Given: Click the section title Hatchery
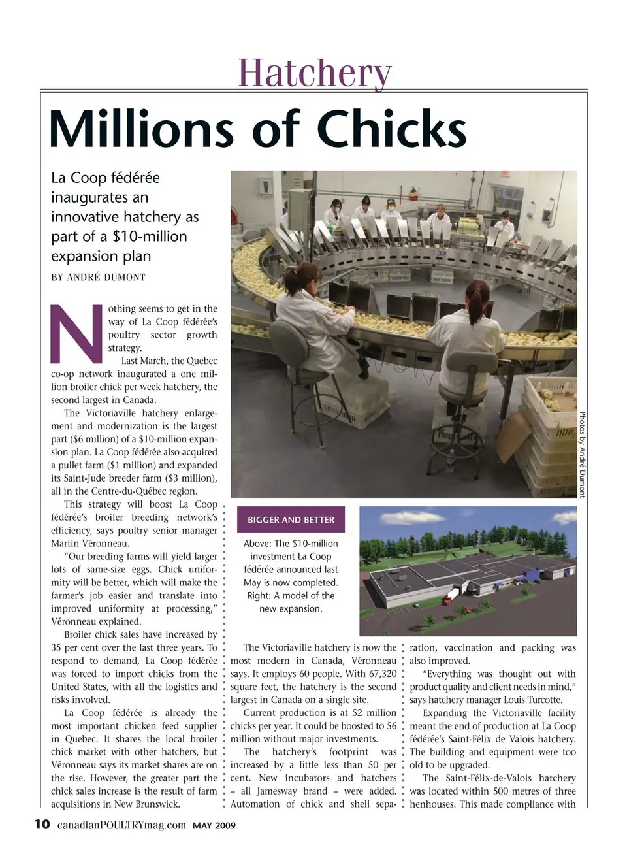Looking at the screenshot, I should pyautogui.click(x=315, y=72).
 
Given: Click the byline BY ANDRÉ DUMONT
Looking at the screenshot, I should pyautogui.click(x=99, y=277).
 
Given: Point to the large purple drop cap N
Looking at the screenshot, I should pyautogui.click(x=76, y=333).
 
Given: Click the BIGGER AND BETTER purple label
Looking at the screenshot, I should pyautogui.click(x=291, y=520).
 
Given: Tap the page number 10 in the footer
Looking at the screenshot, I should pyautogui.click(x=42, y=825).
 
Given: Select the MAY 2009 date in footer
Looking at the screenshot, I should pyautogui.click(x=214, y=825).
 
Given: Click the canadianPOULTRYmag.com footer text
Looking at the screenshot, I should pyautogui.click(x=121, y=825).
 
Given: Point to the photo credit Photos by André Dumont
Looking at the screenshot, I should pyautogui.click(x=583, y=453).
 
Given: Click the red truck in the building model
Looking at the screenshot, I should pyautogui.click(x=451, y=596).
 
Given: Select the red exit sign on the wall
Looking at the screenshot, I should pyautogui.click(x=504, y=174).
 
